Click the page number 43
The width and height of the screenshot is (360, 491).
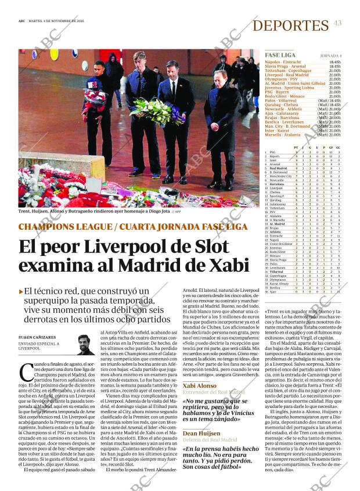click(x=337, y=23)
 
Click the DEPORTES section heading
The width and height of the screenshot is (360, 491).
click(x=290, y=26)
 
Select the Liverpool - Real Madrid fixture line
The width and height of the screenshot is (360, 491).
click(x=287, y=75)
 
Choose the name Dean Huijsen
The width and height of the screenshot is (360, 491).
click(x=201, y=434)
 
